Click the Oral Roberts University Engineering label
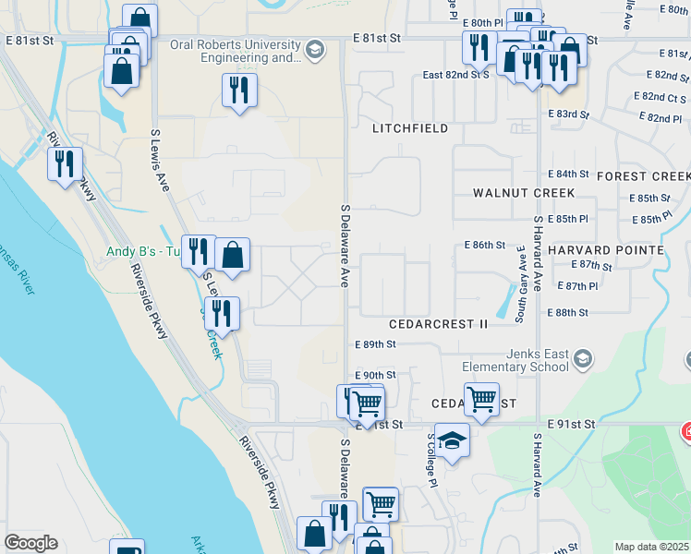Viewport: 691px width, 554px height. click(x=235, y=51)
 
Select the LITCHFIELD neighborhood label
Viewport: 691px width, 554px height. click(x=410, y=128)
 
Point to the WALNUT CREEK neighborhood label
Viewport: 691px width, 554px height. click(x=523, y=193)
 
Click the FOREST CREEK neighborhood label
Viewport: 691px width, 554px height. click(x=643, y=176)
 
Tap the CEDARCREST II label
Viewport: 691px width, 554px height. click(x=438, y=324)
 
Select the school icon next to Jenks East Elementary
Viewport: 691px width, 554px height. click(x=583, y=357)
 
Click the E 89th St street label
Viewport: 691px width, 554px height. click(x=375, y=344)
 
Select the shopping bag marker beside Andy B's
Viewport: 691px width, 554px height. click(x=233, y=254)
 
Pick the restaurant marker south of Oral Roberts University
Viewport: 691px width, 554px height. click(x=239, y=90)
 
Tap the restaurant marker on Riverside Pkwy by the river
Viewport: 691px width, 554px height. click(x=65, y=163)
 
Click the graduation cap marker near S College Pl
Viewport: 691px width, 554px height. click(x=452, y=440)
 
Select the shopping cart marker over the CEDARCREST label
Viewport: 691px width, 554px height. click(x=481, y=399)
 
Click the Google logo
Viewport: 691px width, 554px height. click(x=30, y=543)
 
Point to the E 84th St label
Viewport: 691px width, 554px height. click(x=568, y=175)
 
